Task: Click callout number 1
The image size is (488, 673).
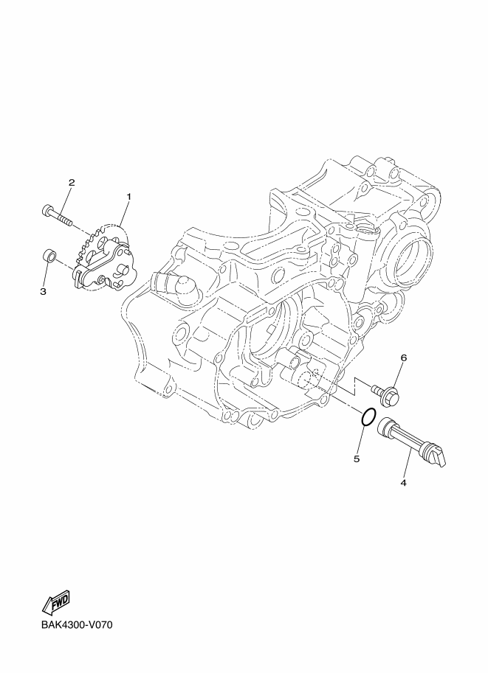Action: coord(128,197)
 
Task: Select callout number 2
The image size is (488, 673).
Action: coord(72,182)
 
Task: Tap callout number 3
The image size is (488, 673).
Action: coord(43,291)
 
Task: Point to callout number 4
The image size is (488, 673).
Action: coord(403,482)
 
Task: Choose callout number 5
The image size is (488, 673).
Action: coord(357,458)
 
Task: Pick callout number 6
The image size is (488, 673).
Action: coord(403,358)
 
